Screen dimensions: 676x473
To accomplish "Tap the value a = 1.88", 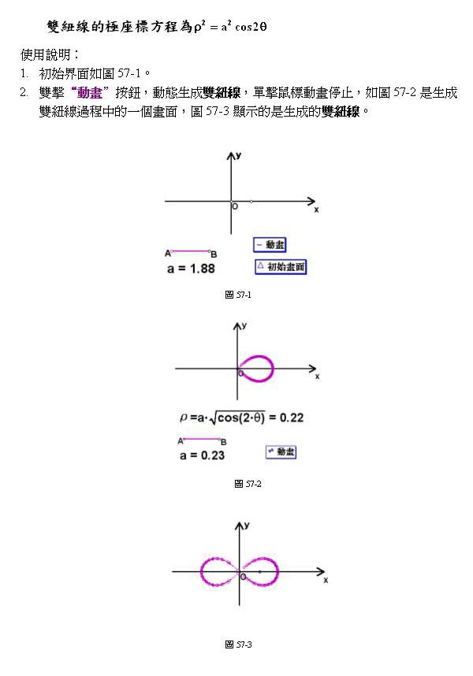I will coord(191,269).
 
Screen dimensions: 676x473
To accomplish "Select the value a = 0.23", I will coord(202,455).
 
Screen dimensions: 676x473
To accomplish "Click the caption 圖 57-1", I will coord(237,295).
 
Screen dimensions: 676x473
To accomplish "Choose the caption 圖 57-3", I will coord(238,644).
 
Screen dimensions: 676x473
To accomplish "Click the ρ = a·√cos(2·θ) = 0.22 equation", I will coord(241,418).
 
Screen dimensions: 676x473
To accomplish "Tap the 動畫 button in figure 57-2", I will coord(281,451).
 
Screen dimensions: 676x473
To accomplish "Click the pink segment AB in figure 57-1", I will coord(190,251).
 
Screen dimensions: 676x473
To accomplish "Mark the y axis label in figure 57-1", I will coord(239,157).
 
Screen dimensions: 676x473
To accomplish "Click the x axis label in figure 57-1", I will coord(316,210).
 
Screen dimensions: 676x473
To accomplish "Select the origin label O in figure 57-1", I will coord(234,207).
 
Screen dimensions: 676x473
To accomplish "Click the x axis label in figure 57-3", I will coord(326,580).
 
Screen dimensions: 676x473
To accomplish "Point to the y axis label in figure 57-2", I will coord(245,325).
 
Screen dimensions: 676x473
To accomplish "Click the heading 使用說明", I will coord(49,55).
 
